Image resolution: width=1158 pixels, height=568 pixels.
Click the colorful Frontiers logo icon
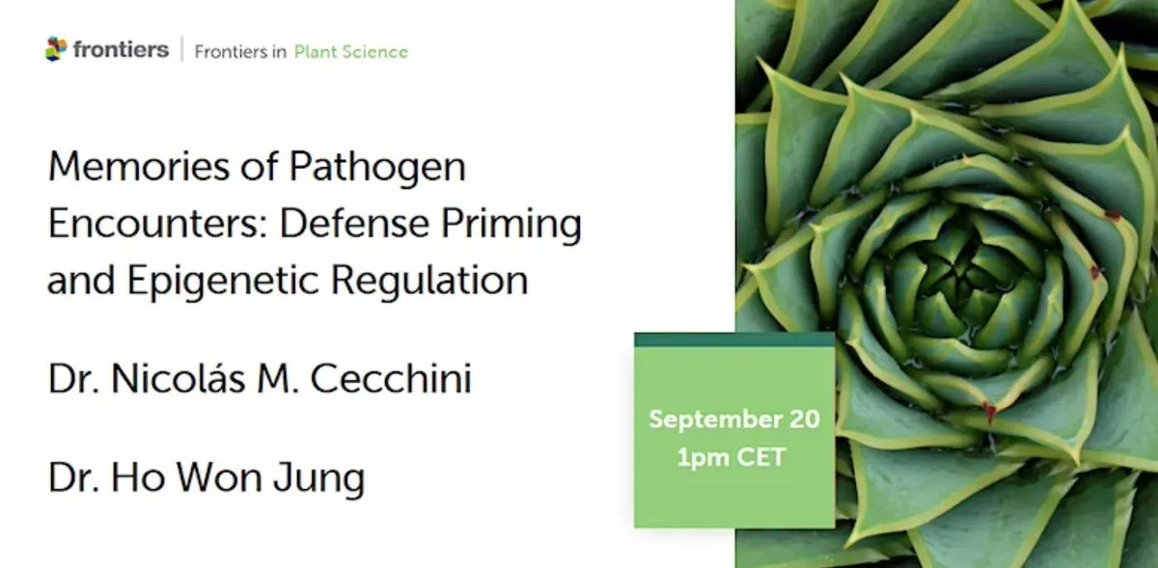point(57,49)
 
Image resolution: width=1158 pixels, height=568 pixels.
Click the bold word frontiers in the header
point(121,49)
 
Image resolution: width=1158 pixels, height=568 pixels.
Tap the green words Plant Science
point(350,52)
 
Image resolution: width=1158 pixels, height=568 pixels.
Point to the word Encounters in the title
point(152,225)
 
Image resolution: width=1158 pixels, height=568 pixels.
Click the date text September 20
point(733,419)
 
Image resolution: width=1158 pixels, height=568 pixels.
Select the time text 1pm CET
point(731,456)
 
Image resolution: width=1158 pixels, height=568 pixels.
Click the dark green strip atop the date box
point(733,338)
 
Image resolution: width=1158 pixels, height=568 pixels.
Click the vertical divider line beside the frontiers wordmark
point(181,50)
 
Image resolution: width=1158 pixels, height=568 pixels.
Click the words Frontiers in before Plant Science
point(240,52)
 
